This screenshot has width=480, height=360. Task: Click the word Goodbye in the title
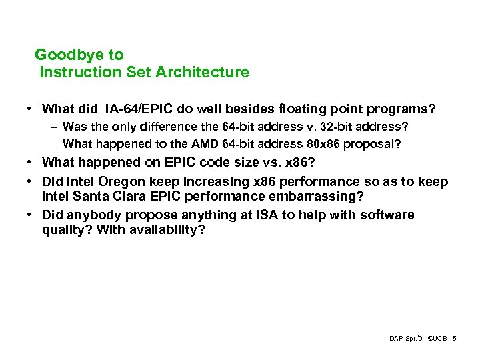pos(64,55)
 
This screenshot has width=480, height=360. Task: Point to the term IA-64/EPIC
pos(136,108)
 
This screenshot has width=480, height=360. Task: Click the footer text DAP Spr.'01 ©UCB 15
pos(423,339)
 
